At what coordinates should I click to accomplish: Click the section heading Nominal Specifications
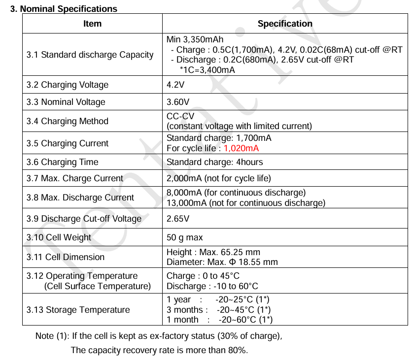coord(64,9)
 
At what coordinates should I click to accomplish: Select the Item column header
coord(92,24)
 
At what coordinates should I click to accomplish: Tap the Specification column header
coord(285,24)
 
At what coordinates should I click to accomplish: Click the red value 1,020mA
coord(241,148)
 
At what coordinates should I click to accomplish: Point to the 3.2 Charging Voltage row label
coord(68,85)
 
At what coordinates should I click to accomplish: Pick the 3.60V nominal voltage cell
coord(178,102)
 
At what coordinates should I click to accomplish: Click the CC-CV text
coord(180,116)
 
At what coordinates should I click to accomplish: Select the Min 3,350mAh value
coord(195,40)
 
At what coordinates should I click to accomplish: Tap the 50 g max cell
coord(185,237)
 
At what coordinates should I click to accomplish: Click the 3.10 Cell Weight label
coord(59,237)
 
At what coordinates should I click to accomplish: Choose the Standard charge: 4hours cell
coord(215,162)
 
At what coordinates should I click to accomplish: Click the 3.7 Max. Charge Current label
coord(75,178)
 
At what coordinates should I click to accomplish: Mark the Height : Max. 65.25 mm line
coord(213,252)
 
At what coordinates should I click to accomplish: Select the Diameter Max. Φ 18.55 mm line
coord(222,262)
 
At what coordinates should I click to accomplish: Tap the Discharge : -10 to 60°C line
coord(212,286)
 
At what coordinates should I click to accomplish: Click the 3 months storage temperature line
coord(218,310)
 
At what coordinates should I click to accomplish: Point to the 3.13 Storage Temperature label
coord(78,310)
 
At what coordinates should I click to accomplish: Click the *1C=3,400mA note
coord(207,70)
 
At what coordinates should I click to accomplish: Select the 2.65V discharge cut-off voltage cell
coord(178,219)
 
